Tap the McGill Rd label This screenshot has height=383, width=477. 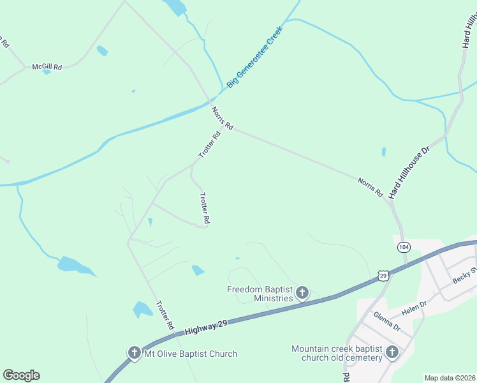point(48,66)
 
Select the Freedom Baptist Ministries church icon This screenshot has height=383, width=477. point(302,294)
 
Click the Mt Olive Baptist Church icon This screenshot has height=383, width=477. point(134,353)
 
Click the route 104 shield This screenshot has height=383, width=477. point(402,247)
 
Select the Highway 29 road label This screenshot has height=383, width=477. point(206,328)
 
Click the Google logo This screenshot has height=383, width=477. point(21,375)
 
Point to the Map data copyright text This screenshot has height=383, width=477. point(450,378)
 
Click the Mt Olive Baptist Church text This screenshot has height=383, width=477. point(191,354)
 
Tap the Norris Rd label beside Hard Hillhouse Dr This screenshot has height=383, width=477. point(370,185)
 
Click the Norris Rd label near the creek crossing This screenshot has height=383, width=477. point(223,119)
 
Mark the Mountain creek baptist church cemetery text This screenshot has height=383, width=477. point(337,353)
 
